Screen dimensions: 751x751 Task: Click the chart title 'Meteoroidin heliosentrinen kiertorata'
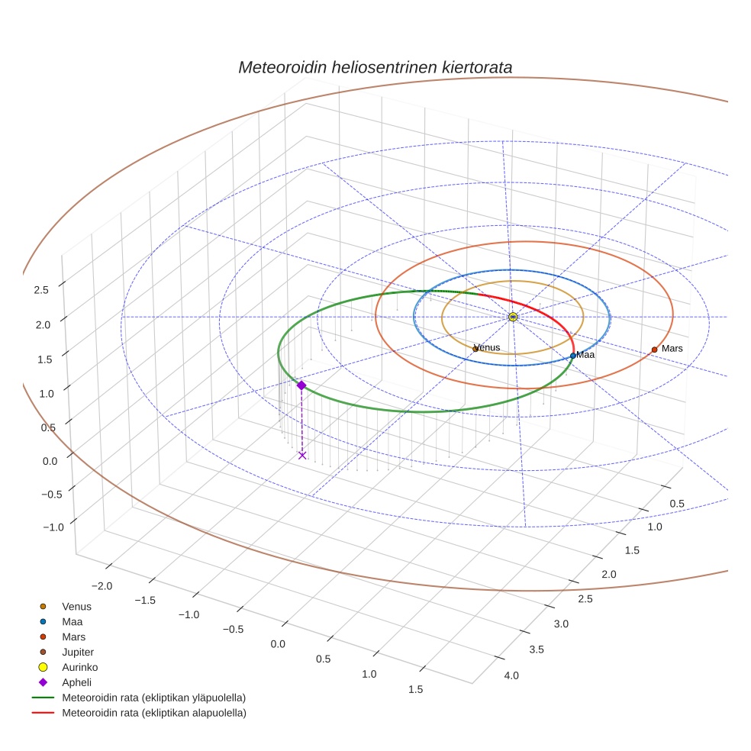click(375, 67)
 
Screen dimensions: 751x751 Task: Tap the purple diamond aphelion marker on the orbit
click(301, 385)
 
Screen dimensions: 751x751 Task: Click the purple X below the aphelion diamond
click(302, 455)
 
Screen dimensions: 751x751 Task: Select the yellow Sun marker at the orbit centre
click(513, 317)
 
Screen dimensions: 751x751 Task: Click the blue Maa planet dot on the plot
click(573, 356)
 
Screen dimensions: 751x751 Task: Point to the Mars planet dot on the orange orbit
click(654, 350)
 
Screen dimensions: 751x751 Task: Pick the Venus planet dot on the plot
click(475, 349)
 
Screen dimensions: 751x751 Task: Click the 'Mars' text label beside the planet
click(672, 349)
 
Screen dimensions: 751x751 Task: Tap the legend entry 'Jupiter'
click(78, 652)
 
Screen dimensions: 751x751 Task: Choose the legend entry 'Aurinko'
click(79, 667)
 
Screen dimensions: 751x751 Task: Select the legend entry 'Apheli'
click(76, 682)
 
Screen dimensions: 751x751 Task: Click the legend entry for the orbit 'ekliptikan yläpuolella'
click(153, 698)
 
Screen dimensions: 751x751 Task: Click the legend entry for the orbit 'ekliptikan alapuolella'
click(153, 713)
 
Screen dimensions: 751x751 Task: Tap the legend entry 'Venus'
click(76, 606)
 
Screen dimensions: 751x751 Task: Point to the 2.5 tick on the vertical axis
click(41, 290)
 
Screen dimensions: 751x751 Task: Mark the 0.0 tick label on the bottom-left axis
click(278, 644)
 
